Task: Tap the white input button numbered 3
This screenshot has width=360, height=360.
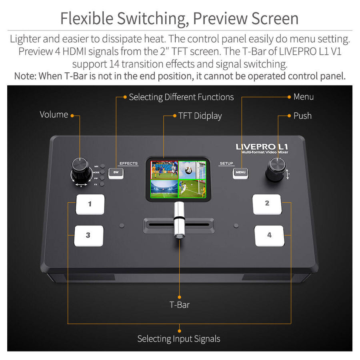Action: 88,236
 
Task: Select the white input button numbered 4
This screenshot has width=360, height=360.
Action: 269,236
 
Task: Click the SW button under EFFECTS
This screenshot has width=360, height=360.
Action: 116,173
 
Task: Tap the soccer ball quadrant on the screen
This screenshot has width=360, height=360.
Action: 191,170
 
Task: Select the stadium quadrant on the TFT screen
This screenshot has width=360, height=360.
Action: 164,188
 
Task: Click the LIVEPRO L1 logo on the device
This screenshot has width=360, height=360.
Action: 262,146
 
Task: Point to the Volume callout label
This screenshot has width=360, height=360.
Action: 54,115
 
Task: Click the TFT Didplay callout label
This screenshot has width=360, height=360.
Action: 200,116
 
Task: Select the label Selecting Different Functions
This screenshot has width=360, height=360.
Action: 181,97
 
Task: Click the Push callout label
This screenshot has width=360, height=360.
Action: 302,116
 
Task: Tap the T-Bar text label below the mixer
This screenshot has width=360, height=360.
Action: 180,305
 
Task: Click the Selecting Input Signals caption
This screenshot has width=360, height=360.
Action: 179,339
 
